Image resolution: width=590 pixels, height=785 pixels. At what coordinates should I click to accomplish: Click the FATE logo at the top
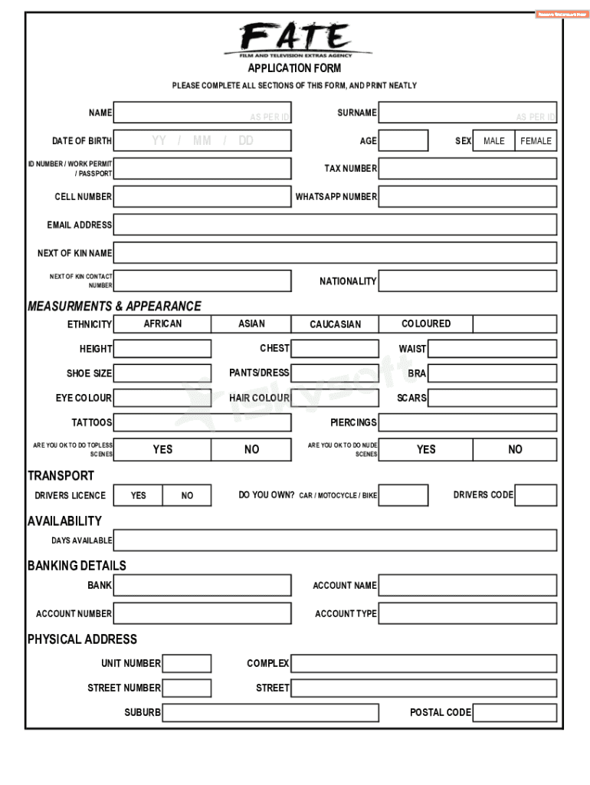click(297, 38)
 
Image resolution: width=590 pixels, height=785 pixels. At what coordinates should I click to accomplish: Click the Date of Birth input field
click(202, 140)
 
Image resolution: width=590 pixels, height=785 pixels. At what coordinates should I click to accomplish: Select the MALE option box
click(494, 141)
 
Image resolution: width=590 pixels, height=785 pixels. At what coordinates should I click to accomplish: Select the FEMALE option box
click(536, 141)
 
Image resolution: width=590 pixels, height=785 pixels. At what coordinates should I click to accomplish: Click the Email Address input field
click(335, 225)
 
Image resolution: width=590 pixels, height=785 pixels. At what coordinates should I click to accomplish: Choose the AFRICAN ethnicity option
click(162, 324)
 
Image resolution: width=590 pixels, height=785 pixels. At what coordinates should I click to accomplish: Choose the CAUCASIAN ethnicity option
click(335, 324)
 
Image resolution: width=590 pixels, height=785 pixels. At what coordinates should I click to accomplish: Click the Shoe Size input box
click(162, 373)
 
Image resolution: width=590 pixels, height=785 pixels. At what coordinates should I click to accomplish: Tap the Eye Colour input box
click(162, 398)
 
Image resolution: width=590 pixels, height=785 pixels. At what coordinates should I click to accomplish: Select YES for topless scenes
click(162, 449)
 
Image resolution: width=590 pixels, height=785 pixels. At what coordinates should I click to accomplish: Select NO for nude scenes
click(515, 449)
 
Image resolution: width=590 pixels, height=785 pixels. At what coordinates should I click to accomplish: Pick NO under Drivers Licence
click(187, 495)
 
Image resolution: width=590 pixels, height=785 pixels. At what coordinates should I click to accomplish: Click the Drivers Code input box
click(536, 495)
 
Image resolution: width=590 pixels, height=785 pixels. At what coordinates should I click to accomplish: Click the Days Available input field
click(335, 540)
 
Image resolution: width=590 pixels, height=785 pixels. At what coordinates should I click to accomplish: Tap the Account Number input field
click(202, 613)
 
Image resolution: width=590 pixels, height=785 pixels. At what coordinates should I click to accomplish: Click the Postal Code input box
click(515, 712)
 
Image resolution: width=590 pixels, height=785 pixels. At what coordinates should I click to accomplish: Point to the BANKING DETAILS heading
click(77, 566)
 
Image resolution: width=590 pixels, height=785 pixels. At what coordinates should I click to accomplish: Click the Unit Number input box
click(187, 663)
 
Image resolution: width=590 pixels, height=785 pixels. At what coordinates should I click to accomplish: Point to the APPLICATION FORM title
click(294, 68)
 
